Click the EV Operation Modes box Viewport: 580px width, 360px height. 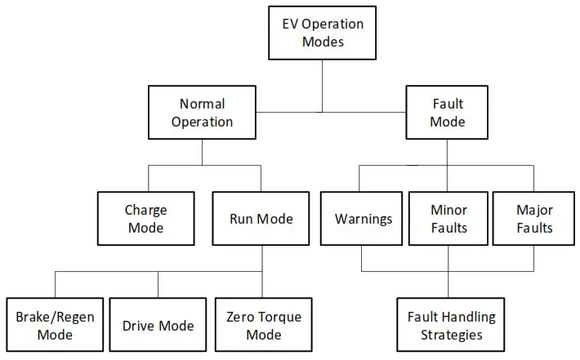323,33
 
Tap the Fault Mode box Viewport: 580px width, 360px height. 448,113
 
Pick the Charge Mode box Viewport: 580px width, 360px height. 145,219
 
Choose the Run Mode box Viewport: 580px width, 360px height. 261,219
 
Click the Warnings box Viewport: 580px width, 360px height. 362,219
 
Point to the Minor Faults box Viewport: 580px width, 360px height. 448,219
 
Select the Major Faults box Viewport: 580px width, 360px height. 534,219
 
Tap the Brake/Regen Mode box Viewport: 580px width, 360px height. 55,325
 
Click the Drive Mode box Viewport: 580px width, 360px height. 158,325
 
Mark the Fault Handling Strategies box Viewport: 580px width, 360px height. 448,325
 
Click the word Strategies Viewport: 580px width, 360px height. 448,334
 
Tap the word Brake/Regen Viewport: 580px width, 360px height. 55,317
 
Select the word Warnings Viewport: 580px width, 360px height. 362,219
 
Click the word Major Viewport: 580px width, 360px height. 534,210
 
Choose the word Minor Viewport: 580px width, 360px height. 448,210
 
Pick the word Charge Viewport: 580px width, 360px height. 145,210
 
